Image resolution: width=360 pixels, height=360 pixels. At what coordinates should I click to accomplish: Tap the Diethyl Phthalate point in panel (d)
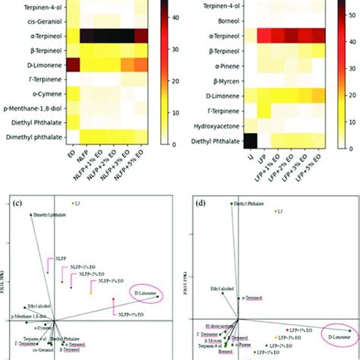(x=232, y=203)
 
